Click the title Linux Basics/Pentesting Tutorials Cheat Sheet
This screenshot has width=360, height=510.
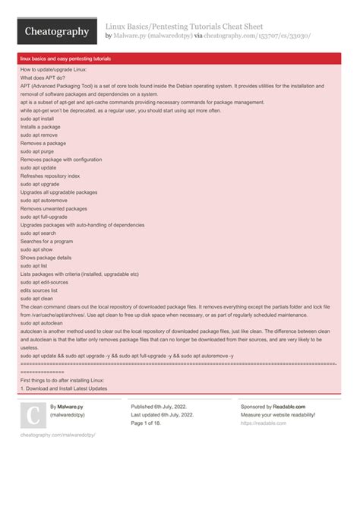tap(189, 25)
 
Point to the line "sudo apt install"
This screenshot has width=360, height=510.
tap(37, 119)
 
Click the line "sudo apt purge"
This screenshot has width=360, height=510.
tap(36, 151)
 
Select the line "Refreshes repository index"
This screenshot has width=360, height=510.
tap(49, 176)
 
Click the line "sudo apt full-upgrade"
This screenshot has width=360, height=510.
tap(44, 217)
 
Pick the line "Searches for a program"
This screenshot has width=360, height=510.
tap(47, 241)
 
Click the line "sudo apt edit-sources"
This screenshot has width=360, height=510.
tap(45, 282)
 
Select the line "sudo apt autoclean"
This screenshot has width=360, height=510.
tap(41, 323)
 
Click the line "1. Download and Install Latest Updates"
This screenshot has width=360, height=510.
tap(64, 388)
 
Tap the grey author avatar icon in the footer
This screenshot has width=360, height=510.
tap(33, 416)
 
